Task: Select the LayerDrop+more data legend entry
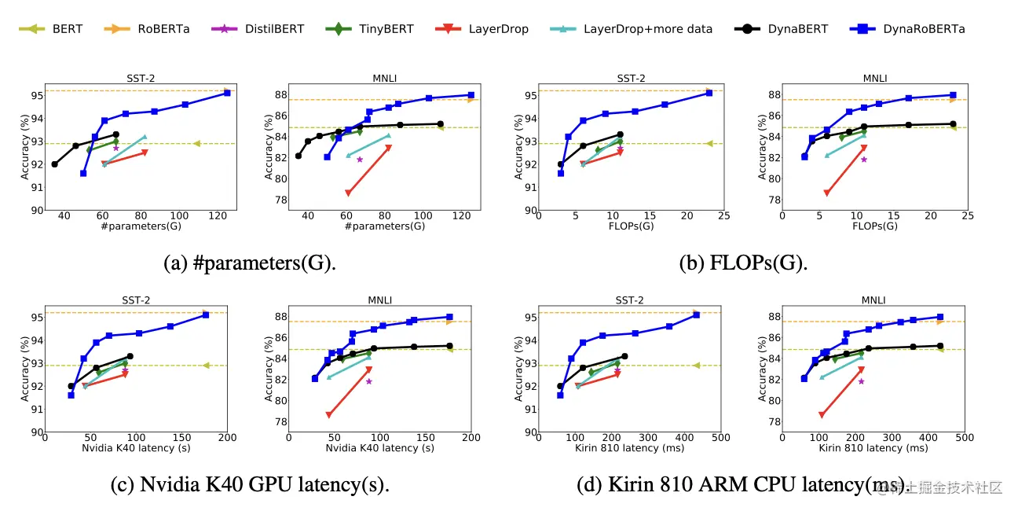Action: [633, 29]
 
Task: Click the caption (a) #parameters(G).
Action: [249, 263]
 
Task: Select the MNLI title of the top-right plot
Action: [874, 78]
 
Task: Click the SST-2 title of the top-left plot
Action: [139, 78]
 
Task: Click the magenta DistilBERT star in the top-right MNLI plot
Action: [863, 160]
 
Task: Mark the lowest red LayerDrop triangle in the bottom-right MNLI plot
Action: [822, 414]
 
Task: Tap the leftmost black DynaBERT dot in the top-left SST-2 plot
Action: [54, 164]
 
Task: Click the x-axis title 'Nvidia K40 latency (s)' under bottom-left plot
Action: [136, 449]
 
